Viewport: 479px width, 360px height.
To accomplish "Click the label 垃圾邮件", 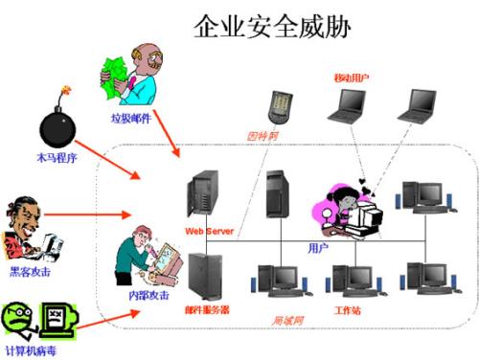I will (129, 118).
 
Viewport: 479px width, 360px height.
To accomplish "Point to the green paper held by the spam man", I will (114, 76).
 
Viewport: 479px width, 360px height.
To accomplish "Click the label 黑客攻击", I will (32, 272).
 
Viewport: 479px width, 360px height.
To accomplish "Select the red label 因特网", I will (262, 136).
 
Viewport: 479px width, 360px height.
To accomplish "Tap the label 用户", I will (318, 247).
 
